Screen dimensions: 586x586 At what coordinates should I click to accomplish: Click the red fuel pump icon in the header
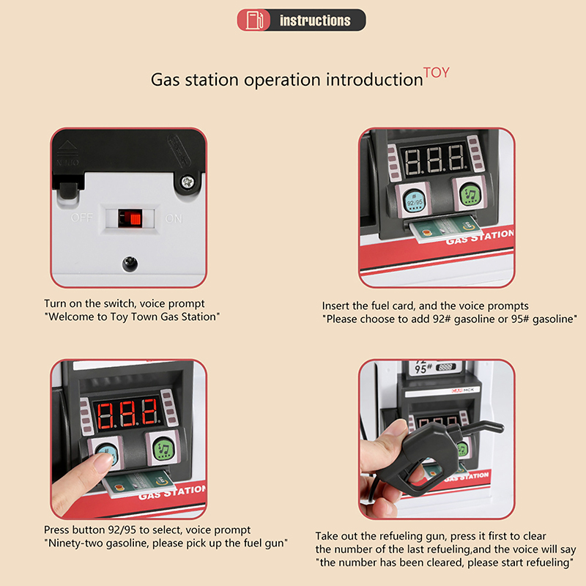pyautogui.click(x=254, y=21)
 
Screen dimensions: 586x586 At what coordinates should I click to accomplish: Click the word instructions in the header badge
pyautogui.click(x=315, y=21)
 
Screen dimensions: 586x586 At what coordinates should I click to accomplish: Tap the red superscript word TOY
pyautogui.click(x=436, y=73)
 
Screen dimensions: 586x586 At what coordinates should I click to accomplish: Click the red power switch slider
pyautogui.click(x=130, y=218)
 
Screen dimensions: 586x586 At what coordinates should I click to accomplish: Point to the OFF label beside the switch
pyautogui.click(x=82, y=218)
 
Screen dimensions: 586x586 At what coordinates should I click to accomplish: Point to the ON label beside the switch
pyautogui.click(x=174, y=218)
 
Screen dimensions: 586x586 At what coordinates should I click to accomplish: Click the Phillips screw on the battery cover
pyautogui.click(x=188, y=182)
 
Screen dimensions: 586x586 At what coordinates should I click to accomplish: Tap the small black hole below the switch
pyautogui.click(x=130, y=264)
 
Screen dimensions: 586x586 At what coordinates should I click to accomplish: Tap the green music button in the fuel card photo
pyautogui.click(x=469, y=195)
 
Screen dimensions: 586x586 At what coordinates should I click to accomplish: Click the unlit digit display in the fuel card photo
pyautogui.click(x=434, y=160)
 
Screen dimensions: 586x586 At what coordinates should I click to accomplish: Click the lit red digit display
pyautogui.click(x=127, y=414)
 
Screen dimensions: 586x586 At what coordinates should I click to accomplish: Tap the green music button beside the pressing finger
pyautogui.click(x=163, y=448)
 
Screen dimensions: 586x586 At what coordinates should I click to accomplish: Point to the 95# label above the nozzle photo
pyautogui.click(x=423, y=369)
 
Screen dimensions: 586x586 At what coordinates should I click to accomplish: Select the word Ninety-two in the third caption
pyautogui.click(x=73, y=543)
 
